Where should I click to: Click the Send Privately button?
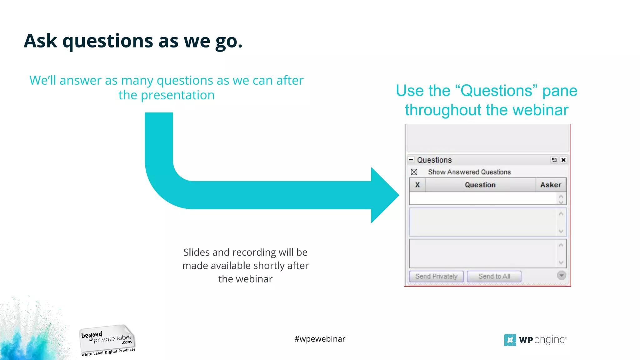[x=436, y=276]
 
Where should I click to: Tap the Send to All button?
[x=494, y=276]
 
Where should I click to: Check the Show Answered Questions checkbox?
[x=414, y=172]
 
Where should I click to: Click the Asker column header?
[x=551, y=185]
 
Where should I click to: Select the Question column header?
[x=480, y=185]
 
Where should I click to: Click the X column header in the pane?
[x=417, y=185]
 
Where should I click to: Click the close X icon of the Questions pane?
[x=563, y=160]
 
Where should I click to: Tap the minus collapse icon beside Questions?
[x=411, y=160]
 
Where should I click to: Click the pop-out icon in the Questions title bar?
[x=554, y=160]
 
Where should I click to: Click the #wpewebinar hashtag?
[x=320, y=339]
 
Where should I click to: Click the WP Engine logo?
[x=535, y=340]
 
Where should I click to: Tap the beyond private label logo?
[x=107, y=340]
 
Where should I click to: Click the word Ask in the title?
[x=40, y=41]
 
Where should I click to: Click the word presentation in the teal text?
[x=177, y=95]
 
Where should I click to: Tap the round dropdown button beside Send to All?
[x=561, y=275]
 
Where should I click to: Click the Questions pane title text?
[x=434, y=160]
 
